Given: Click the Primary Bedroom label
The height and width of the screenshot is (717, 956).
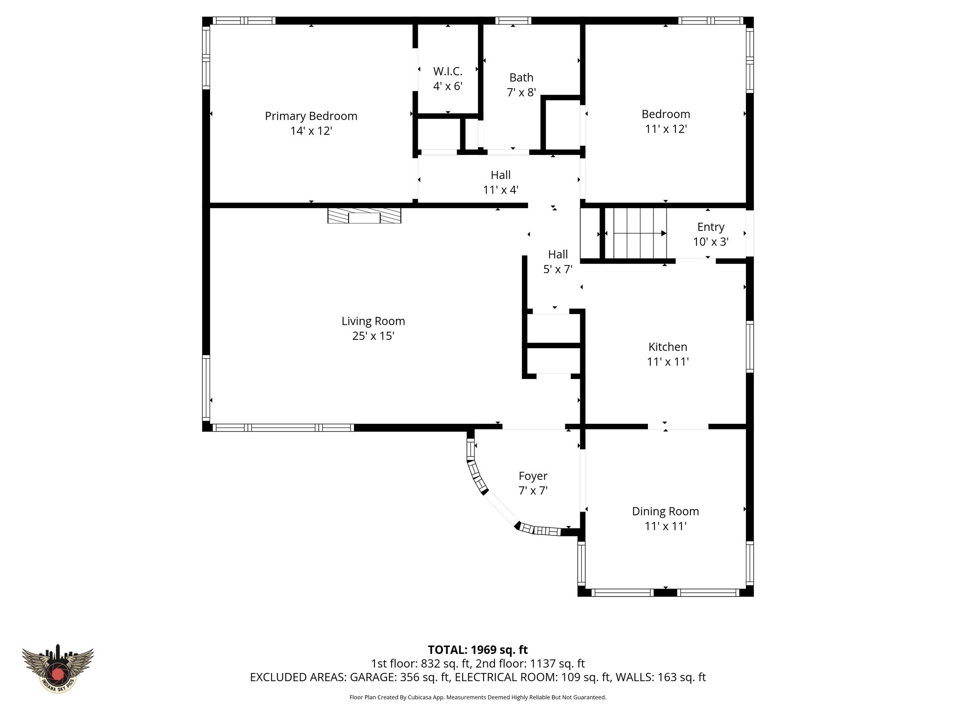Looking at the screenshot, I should tap(311, 116).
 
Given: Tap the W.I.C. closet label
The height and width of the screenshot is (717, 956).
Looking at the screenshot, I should tap(447, 71).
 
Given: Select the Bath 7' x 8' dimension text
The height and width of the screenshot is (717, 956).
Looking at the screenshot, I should tap(521, 92).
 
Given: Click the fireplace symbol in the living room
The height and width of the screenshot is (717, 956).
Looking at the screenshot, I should tap(364, 216).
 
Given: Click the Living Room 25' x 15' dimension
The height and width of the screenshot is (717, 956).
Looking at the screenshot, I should tap(373, 336).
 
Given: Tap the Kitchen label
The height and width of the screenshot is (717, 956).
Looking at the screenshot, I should tap(668, 347).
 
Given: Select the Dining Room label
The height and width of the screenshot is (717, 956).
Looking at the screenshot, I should tap(665, 511).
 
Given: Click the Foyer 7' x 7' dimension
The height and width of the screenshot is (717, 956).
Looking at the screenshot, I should tap(533, 491).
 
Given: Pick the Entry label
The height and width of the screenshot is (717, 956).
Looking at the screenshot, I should tap(710, 227).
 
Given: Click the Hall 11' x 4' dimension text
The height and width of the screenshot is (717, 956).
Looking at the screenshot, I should tap(500, 190).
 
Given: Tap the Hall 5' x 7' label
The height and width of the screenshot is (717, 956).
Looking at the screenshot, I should tap(558, 254).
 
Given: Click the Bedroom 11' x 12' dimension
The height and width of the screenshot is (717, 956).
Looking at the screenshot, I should tap(666, 129).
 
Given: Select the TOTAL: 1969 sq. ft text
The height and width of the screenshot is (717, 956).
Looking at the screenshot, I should tap(478, 650).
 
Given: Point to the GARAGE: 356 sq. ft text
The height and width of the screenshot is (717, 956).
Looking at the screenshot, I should tap(399, 677).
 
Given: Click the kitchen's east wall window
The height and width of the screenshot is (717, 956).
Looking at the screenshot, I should tap(750, 346).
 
